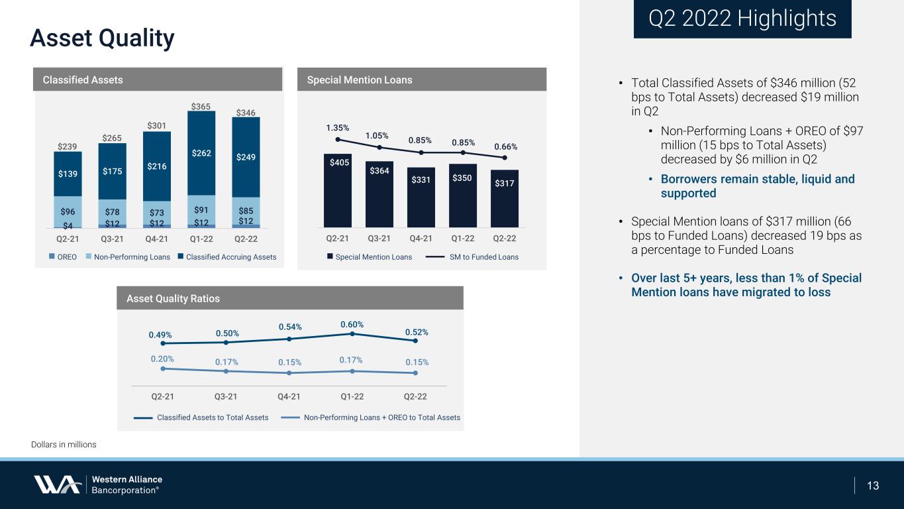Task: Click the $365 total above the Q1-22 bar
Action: (201, 106)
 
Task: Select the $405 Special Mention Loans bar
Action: (337, 190)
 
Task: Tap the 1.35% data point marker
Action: (337, 140)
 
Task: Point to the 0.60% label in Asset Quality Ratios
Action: (352, 324)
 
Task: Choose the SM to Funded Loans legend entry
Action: (472, 257)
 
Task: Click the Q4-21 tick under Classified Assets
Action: (156, 239)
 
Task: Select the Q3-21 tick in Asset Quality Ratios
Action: (226, 396)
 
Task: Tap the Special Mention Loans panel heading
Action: (360, 80)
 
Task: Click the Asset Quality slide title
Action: (102, 38)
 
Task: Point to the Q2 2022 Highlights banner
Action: (742, 19)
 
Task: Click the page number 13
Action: (873, 486)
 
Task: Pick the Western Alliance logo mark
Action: (57, 484)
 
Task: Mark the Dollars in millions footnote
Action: (64, 444)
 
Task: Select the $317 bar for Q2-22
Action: (505, 198)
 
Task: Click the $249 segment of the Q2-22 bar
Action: (246, 157)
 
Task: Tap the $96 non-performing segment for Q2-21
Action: (68, 211)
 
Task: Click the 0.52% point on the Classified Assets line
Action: (415, 341)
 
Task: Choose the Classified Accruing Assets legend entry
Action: (227, 257)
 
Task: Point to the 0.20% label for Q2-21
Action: (162, 359)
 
